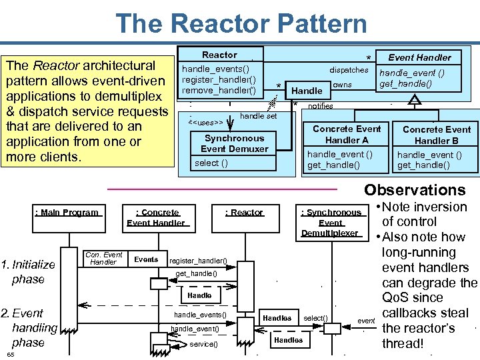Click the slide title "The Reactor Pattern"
click(x=241, y=23)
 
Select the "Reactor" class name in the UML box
click(x=219, y=55)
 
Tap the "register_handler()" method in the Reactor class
click(x=219, y=79)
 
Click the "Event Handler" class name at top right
click(x=419, y=57)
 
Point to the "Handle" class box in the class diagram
click(x=307, y=91)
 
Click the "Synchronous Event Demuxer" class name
click(x=234, y=143)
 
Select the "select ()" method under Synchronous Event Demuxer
click(x=211, y=163)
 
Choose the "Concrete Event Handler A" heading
click(x=346, y=134)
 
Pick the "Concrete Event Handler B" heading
click(x=437, y=135)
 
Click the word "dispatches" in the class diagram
click(x=349, y=70)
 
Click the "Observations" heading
click(x=415, y=190)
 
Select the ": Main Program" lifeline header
click(x=67, y=213)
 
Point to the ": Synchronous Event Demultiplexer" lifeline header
click(x=331, y=223)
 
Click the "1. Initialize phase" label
click(x=28, y=271)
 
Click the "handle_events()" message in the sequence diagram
click(x=200, y=315)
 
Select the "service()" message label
click(x=203, y=344)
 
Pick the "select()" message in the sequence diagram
click(x=315, y=318)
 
